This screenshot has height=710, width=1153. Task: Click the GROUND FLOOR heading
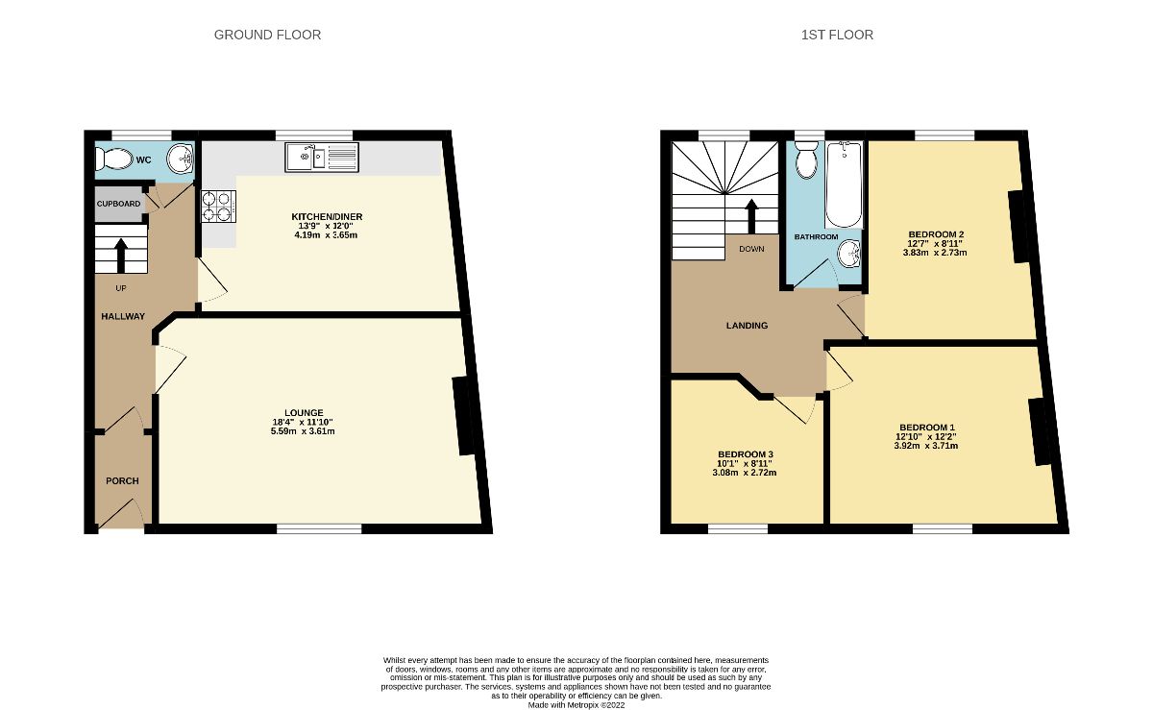267,35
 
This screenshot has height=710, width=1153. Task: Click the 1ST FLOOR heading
837,35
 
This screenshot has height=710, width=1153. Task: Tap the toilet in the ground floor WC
115,159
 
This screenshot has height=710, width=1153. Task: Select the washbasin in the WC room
180,157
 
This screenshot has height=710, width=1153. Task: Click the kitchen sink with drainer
321,157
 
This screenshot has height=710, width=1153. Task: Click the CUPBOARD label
118,205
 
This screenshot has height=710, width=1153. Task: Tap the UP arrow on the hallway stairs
121,255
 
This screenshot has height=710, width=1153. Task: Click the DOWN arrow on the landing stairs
750,216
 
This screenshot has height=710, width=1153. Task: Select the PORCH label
122,481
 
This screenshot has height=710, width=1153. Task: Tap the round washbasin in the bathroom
847,254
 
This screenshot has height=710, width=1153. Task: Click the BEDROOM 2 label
936,234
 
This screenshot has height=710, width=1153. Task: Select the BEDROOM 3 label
745,454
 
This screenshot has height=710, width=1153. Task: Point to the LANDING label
747,326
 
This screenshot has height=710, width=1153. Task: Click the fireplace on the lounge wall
464,415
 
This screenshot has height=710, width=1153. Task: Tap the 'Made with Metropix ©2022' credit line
576,703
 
